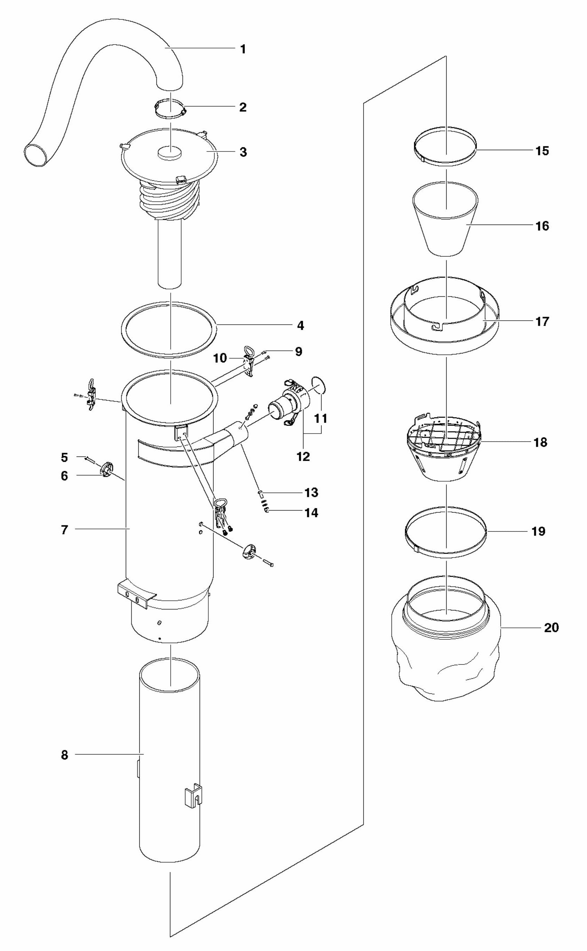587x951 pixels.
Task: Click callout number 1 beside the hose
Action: (x=243, y=49)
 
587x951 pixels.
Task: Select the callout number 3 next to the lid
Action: (x=243, y=152)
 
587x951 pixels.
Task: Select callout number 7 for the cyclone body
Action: (x=64, y=529)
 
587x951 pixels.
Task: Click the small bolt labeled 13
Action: (x=261, y=493)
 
